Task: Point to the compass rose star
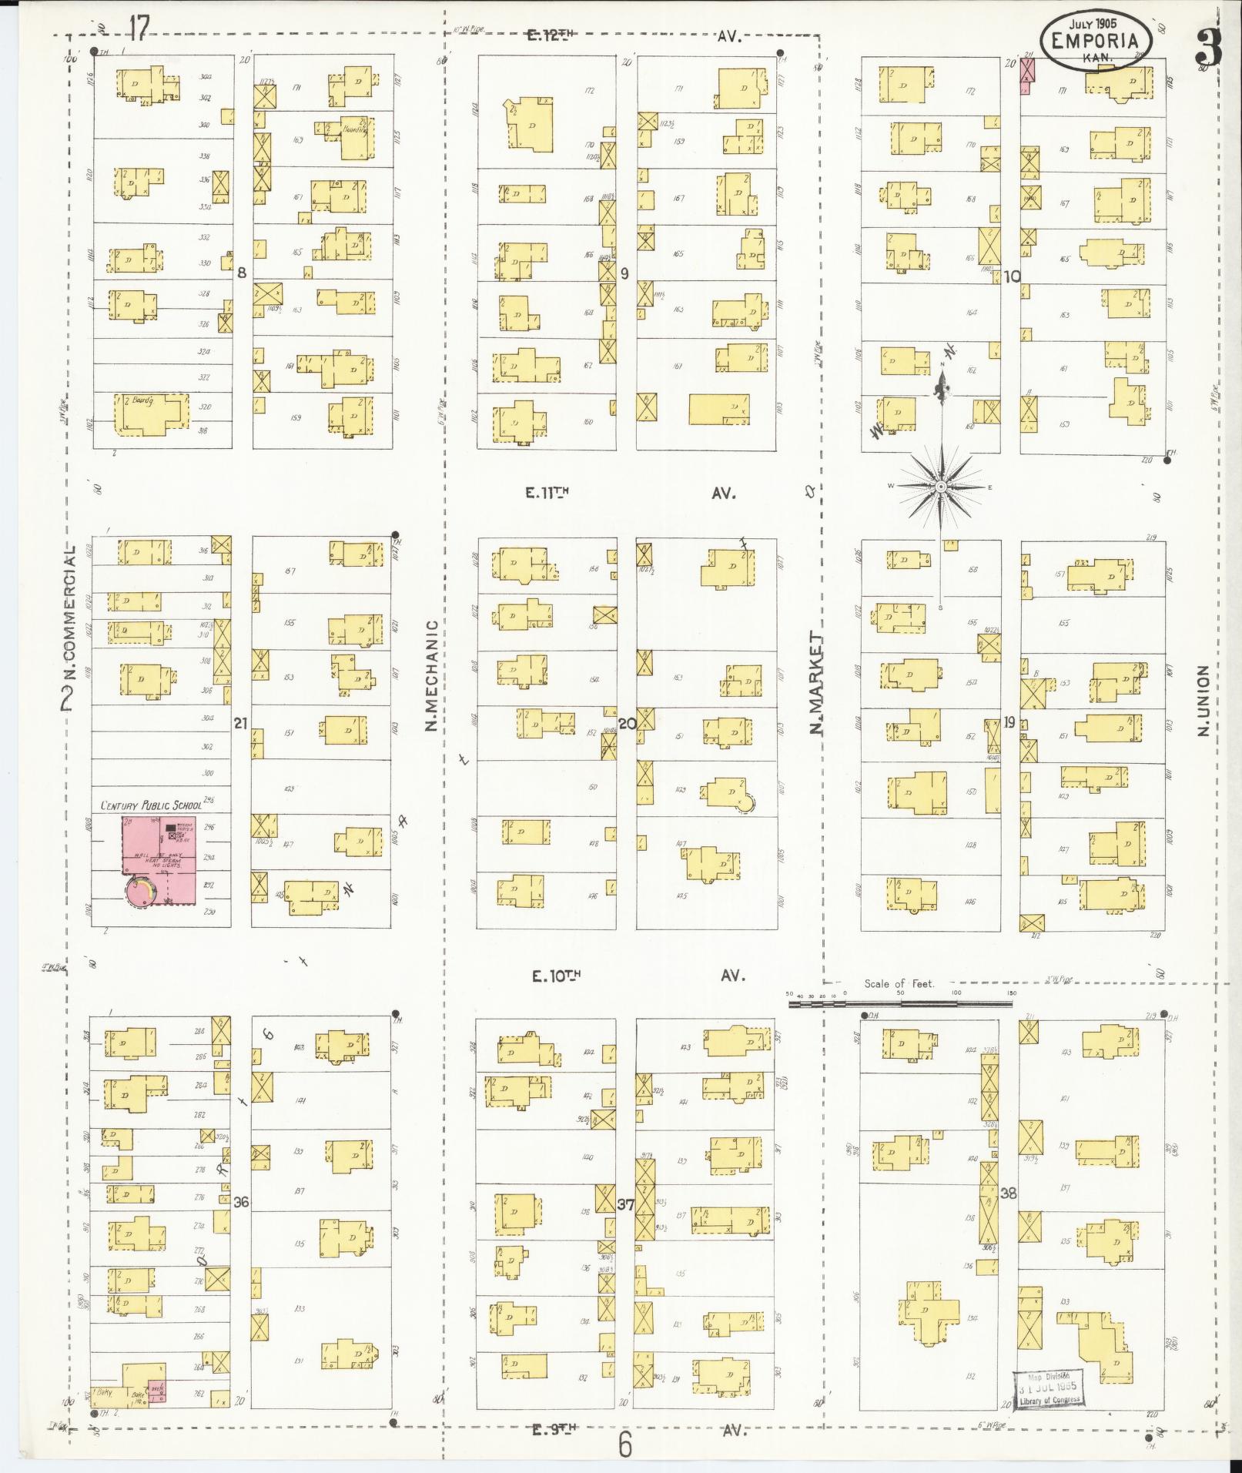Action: [x=941, y=487]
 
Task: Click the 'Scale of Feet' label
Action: [x=899, y=983]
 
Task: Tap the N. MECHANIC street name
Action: [x=431, y=675]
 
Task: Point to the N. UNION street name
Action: [x=1204, y=701]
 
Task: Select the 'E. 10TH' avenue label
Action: [x=555, y=976]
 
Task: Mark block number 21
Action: [x=241, y=723]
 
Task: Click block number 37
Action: [x=625, y=1205]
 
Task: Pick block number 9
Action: [x=624, y=273]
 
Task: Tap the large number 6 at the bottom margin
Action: [x=624, y=1445]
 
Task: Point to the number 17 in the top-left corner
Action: [x=139, y=29]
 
